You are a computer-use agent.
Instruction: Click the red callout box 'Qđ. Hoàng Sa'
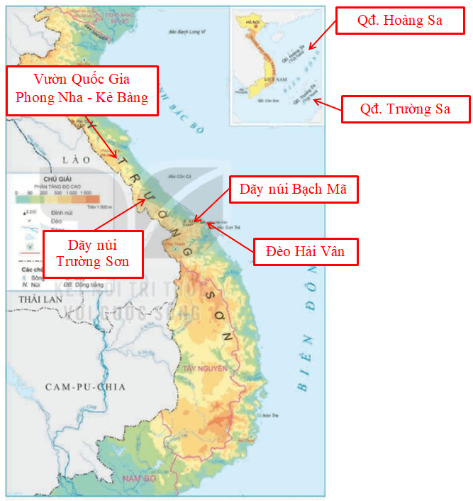[401, 21]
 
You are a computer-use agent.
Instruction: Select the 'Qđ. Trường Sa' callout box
[404, 109]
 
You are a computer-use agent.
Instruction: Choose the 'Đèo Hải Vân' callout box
[306, 251]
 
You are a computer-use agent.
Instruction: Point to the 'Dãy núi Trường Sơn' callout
[93, 254]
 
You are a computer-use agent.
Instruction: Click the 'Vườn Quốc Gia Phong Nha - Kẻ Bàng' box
[82, 88]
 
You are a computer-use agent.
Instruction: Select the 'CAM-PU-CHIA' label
[84, 387]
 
